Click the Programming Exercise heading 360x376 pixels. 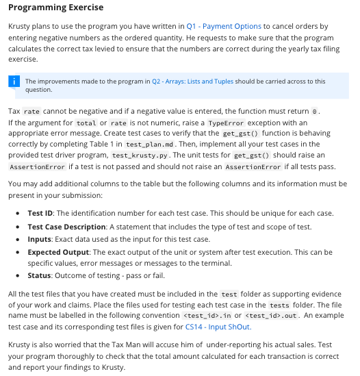[x=55, y=8]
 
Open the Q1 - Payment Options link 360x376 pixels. [x=224, y=26]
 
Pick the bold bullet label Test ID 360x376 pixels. [x=41, y=213]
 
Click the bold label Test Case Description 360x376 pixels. [x=67, y=227]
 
